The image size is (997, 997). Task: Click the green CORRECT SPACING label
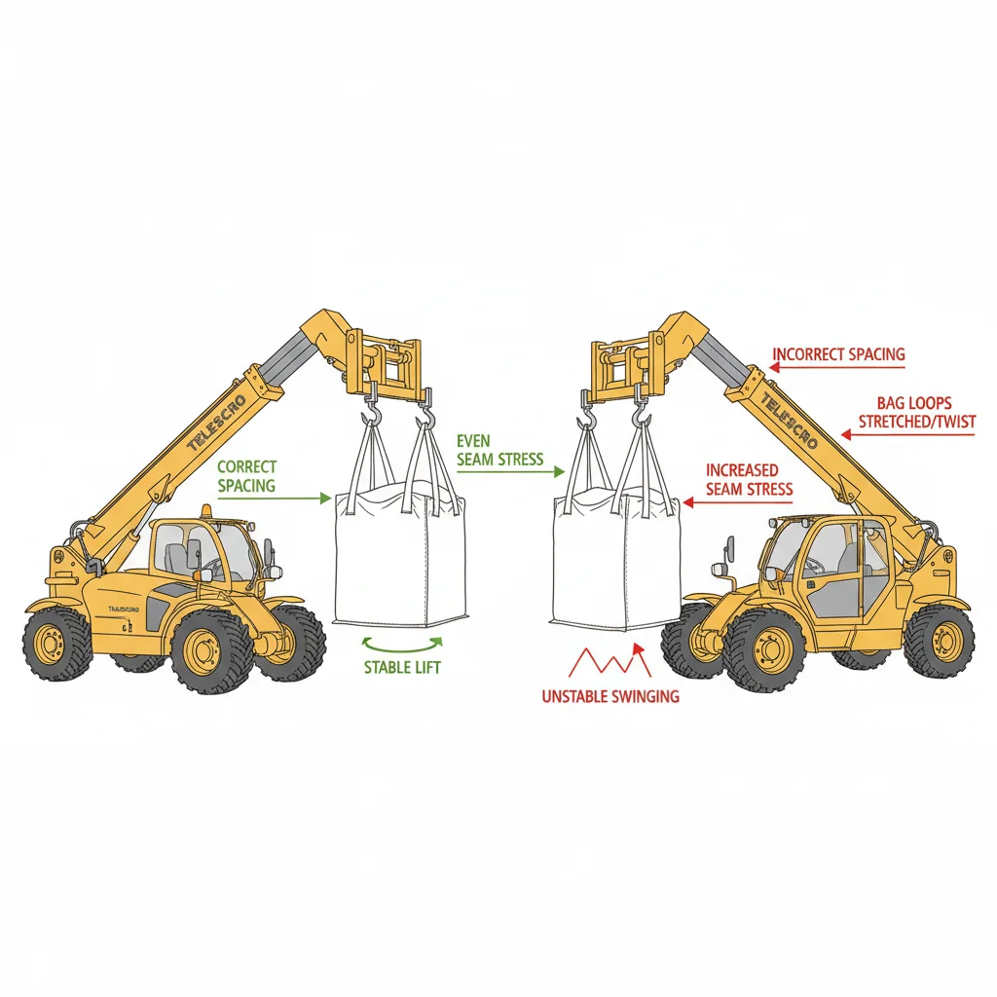tap(246, 476)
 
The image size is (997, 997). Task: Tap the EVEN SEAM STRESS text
tap(499, 450)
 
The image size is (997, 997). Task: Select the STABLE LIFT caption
tap(402, 668)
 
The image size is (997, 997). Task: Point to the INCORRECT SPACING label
tap(838, 354)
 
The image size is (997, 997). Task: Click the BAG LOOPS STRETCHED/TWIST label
tap(915, 412)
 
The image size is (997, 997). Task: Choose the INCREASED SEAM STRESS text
tap(749, 480)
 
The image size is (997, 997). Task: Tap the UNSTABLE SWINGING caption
tap(610, 696)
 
